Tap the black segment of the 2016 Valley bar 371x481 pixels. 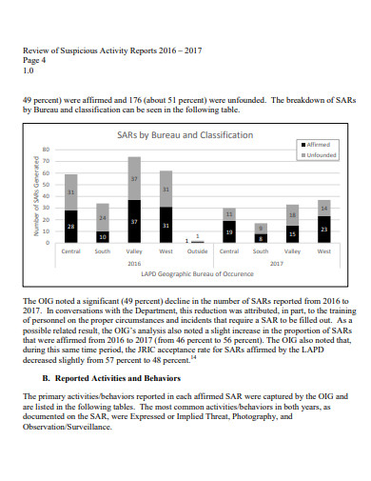134,222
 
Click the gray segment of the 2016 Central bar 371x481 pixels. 70,192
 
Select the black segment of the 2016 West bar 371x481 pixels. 166,226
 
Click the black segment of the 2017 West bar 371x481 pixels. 323,230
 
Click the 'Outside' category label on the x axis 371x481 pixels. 197,251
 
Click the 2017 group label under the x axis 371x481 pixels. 276,263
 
